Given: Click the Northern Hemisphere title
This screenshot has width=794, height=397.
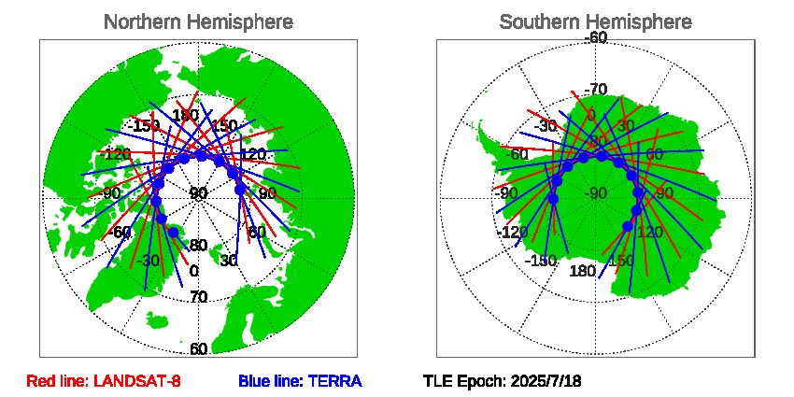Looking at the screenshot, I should coord(198,21).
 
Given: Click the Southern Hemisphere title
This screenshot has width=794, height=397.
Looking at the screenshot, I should coord(595,21).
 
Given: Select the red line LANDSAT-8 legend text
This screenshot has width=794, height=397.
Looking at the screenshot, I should coord(104,381).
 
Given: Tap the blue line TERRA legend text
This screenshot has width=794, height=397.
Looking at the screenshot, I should coord(300,381).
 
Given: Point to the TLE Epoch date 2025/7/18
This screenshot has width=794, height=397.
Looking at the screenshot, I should coord(503,381).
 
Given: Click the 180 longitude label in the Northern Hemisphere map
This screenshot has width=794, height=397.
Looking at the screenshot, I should coord(184,115).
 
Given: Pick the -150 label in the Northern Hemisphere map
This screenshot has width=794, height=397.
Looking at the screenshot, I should coord(144,125).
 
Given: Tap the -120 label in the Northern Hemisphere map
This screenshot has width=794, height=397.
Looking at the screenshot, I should coord(117,154).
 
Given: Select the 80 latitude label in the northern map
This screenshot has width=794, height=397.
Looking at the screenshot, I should coord(198,246).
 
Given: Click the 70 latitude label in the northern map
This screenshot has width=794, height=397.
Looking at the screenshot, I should coord(198,297).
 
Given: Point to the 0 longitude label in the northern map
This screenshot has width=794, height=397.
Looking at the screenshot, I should coord(193,271).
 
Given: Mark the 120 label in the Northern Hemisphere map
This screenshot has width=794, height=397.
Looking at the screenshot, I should coord(253,154).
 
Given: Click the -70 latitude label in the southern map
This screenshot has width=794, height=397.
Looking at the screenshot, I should coord(595,90).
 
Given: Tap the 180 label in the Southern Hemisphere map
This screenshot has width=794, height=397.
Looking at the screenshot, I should coord(582,271).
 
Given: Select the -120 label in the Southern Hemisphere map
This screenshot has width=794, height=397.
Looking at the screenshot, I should coord(513,232).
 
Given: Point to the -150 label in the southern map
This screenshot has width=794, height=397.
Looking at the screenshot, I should coord(541,261).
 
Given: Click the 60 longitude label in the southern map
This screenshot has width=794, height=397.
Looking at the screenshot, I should coord(653,154).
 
